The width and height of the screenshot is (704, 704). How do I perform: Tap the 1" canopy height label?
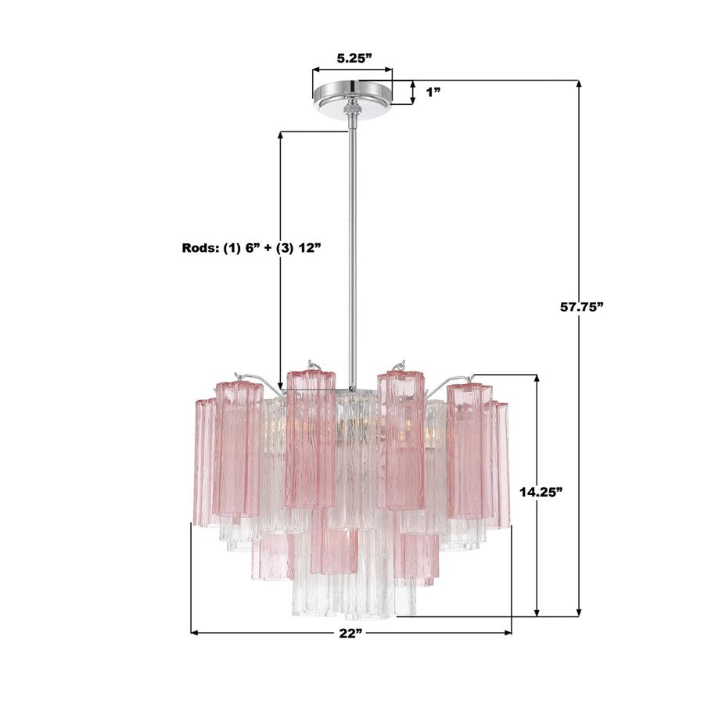coord(433,92)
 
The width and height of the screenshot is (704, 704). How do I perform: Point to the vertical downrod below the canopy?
coord(353,235)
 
